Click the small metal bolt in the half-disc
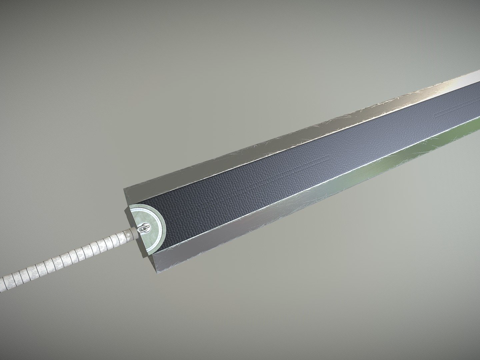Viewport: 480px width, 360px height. pyautogui.click(x=146, y=229)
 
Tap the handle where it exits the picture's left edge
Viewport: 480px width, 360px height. pyautogui.click(x=3, y=283)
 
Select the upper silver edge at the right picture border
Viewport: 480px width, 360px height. pyautogui.click(x=476, y=77)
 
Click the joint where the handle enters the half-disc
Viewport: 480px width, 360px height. pyautogui.click(x=135, y=234)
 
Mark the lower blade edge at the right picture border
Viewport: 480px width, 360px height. pyautogui.click(x=476, y=124)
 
